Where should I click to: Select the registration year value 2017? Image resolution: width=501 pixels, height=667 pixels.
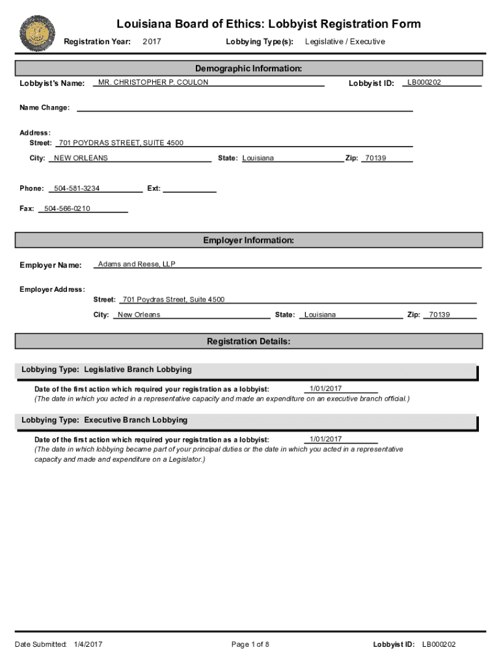click(152, 42)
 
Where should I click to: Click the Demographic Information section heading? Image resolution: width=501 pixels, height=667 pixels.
click(249, 68)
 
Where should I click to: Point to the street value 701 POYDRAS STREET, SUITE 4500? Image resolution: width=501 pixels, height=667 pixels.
click(120, 143)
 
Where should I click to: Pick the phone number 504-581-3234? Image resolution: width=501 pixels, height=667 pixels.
click(77, 188)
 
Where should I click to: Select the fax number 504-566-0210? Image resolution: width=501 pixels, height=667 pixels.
click(67, 208)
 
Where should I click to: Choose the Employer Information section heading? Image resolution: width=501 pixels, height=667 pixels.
click(249, 240)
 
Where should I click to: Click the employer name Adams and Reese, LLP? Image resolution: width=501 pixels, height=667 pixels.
click(137, 264)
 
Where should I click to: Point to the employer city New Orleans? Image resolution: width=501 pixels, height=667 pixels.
click(139, 315)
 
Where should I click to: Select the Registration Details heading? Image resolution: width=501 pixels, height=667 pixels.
click(249, 341)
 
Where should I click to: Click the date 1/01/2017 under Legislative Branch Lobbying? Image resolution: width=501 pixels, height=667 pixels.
click(325, 389)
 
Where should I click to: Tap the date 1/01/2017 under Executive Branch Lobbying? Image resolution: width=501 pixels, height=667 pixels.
click(325, 439)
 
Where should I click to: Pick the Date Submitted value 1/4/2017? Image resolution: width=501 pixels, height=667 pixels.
click(88, 645)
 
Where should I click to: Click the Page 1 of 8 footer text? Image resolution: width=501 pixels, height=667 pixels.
click(251, 645)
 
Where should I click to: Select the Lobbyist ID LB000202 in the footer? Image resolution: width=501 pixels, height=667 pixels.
click(439, 645)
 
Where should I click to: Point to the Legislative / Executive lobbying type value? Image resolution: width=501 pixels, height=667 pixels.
click(345, 42)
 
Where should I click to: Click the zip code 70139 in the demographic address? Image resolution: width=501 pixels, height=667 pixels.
click(375, 158)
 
